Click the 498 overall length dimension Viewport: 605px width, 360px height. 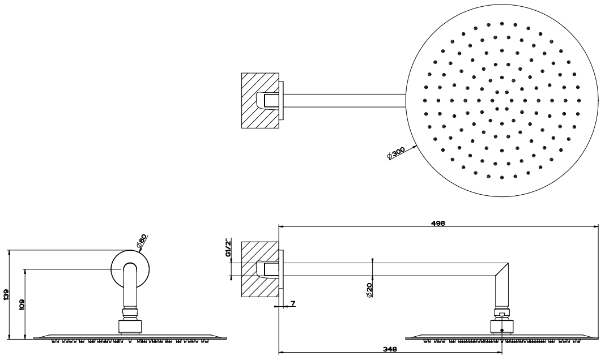pyautogui.click(x=438, y=223)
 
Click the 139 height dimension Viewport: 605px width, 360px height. pyautogui.click(x=5, y=294)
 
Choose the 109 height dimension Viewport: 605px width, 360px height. pyautogui.click(x=22, y=305)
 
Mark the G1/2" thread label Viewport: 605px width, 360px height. pyautogui.click(x=228, y=248)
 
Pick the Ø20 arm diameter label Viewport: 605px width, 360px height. pyautogui.click(x=369, y=289)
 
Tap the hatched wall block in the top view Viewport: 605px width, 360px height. pyautogui.click(x=260, y=101)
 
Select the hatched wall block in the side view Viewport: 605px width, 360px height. pyautogui.click(x=260, y=269)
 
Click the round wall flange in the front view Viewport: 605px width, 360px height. pyautogui.click(x=130, y=268)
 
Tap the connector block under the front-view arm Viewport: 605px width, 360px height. pyautogui.click(x=130, y=326)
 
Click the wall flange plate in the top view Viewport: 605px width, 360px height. pyautogui.click(x=282, y=101)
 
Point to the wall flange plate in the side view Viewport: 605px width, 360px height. pyautogui.click(x=282, y=269)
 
